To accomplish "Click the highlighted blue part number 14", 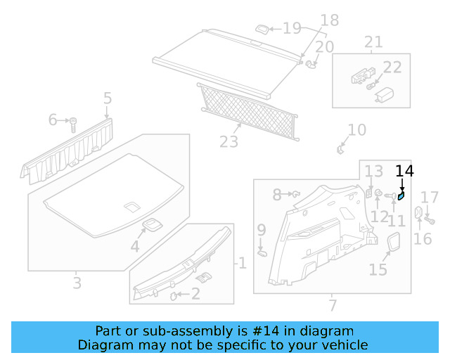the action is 401,196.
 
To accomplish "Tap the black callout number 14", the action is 405,170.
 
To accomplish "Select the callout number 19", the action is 291,28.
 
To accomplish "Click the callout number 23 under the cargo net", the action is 229,142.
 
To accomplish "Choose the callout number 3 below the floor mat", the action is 77,283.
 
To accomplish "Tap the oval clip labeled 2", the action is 174,296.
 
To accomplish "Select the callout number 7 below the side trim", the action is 333,305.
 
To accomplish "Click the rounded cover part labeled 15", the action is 394,243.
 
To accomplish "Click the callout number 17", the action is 430,197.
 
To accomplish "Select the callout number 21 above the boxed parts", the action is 373,42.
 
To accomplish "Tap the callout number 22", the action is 392,67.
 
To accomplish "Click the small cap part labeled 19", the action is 262,29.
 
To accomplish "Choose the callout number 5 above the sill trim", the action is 108,98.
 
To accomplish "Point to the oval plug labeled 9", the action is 262,250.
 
